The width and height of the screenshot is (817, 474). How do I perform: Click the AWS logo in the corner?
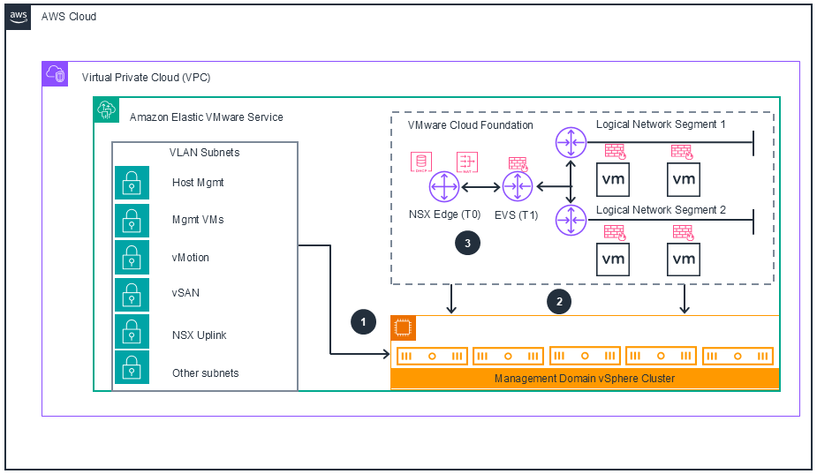click(19, 17)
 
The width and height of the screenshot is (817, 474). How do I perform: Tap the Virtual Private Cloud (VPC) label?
click(146, 77)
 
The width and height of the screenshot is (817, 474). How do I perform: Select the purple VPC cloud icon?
click(55, 74)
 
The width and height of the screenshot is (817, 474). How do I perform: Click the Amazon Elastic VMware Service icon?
click(106, 109)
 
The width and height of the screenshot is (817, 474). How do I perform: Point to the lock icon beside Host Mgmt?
click(132, 183)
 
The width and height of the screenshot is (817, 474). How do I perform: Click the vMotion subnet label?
click(191, 258)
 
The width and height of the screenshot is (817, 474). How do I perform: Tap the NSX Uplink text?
click(199, 335)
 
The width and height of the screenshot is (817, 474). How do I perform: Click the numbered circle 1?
click(363, 322)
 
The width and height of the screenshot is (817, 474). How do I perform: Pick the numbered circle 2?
click(558, 301)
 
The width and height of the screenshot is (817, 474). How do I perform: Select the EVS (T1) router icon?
click(516, 187)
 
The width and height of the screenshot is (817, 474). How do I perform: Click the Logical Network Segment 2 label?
click(661, 210)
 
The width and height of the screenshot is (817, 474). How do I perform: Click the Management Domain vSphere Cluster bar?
click(585, 379)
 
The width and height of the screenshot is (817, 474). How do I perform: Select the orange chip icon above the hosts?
click(403, 328)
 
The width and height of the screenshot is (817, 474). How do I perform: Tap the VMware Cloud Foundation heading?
click(470, 125)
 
